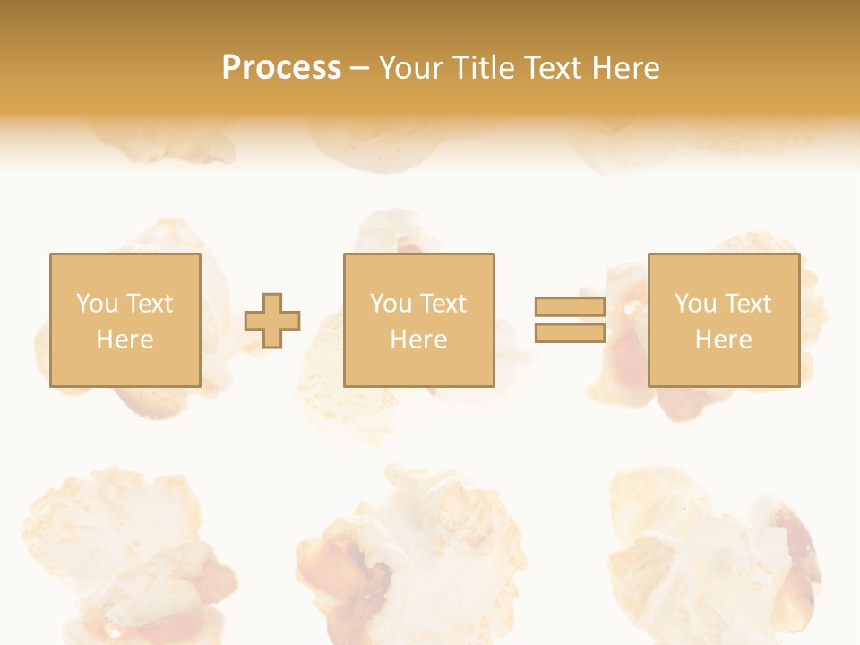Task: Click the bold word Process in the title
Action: coord(281,68)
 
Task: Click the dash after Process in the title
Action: coord(359,69)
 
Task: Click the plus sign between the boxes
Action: coord(272,321)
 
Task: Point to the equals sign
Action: coord(570,320)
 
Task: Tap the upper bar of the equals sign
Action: coord(570,307)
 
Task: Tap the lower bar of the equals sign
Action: coord(570,332)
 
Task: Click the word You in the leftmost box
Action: coord(97,304)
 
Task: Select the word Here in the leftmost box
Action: coord(125,340)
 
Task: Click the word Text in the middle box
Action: coord(443,304)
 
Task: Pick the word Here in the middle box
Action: coord(418,340)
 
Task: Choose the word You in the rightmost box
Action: coord(695,304)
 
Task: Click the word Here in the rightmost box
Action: coord(723,340)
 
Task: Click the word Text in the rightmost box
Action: coord(748,304)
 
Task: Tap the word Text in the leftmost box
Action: coord(150,304)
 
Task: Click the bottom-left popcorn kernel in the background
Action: coord(125,555)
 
